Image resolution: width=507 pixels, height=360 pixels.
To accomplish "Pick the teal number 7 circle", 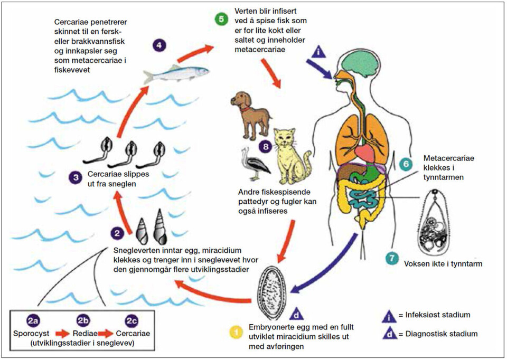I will pos(391,259).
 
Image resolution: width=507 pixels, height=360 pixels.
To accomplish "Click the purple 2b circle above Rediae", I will pos(83,321).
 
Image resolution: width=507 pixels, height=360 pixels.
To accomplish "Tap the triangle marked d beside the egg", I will pos(296,314).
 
